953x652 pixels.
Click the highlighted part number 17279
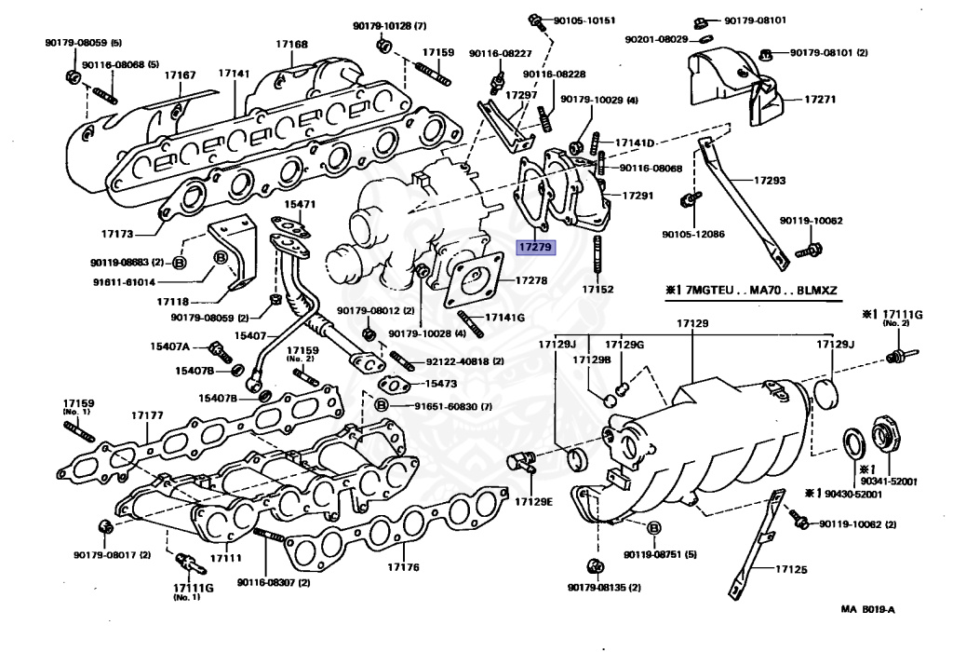(536, 248)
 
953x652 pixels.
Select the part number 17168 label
(291, 45)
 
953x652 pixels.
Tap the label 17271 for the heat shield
(821, 98)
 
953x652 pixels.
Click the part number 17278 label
(531, 280)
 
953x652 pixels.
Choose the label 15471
(301, 204)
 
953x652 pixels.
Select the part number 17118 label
(173, 302)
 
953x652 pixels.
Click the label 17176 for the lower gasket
(403, 567)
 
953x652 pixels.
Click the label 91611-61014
(124, 281)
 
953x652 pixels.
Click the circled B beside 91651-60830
(381, 405)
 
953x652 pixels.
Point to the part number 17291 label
(638, 197)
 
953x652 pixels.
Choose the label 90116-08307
(272, 582)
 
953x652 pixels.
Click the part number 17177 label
(147, 415)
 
